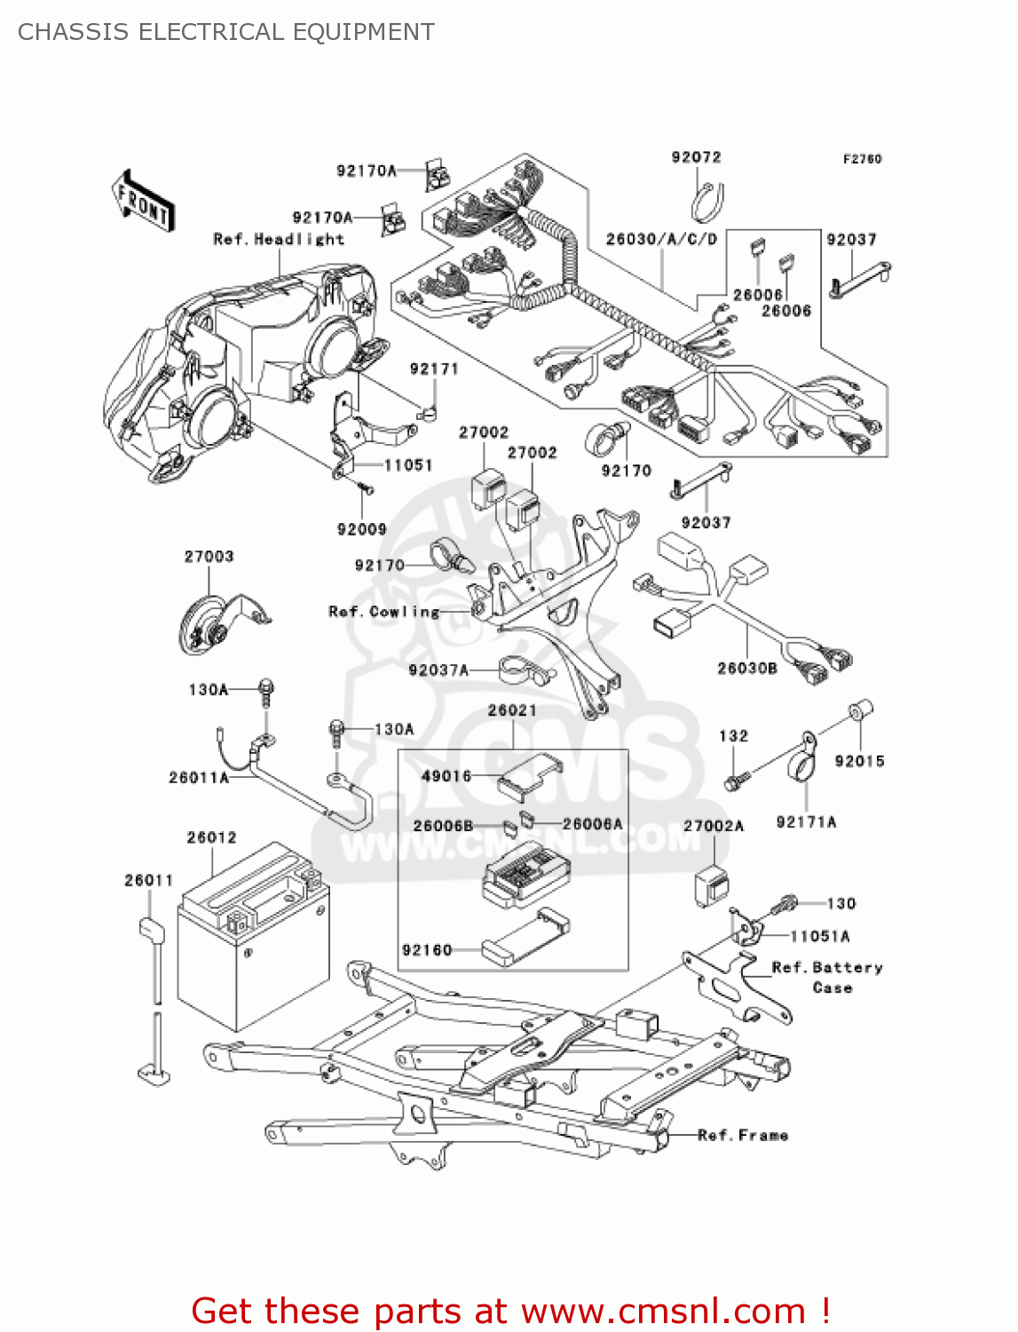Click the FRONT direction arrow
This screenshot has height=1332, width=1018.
pos(143,202)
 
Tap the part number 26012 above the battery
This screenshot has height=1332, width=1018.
pos(211,837)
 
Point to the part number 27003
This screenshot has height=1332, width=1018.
pos(209,557)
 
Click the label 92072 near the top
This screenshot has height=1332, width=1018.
pos(696,157)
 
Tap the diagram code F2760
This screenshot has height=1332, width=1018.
pos(862,159)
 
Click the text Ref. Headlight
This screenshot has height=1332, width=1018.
pos(278,239)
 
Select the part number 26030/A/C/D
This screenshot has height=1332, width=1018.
pos(661,239)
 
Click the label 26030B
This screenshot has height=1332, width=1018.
pos(746,668)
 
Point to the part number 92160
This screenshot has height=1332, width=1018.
pos(427,950)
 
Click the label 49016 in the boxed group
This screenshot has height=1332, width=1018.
pos(446,776)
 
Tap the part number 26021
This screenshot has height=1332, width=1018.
pos(512,710)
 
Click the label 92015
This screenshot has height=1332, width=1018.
pos(859,761)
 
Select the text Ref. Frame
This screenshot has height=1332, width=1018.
pos(743,1135)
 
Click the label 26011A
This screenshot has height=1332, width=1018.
pos(199,778)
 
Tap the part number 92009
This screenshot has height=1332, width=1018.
pos(361,529)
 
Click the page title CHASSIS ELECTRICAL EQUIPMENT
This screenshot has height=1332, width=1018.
pos(226,32)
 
